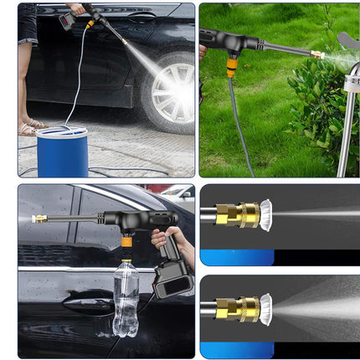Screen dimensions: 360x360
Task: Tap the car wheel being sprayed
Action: (172, 92)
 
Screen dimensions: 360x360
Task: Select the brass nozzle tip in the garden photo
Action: (318, 54)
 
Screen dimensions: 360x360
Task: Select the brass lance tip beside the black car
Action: (39, 219)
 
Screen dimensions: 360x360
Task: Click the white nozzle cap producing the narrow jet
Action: (265, 215)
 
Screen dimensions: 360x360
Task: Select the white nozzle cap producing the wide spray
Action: (265, 309)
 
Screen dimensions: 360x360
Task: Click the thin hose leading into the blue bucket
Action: (75, 84)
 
